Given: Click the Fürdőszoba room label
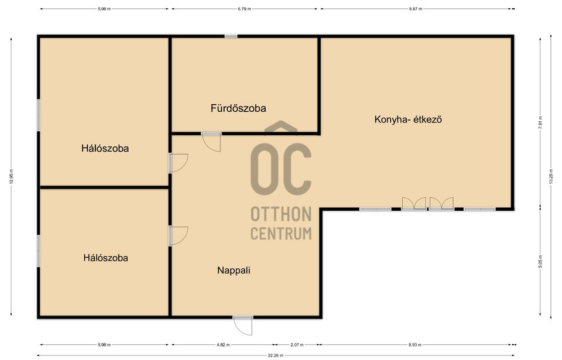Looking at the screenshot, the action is tap(238, 108).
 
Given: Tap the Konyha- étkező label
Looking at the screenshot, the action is tap(408, 119).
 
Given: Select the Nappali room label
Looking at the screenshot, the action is tap(234, 270).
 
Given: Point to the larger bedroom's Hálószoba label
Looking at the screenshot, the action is tap(105, 149).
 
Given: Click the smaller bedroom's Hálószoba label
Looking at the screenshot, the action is tap(106, 258).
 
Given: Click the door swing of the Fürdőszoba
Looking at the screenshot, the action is tap(211, 142).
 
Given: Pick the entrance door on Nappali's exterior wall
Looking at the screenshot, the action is tap(242, 325).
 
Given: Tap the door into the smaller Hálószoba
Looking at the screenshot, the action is tap(179, 236).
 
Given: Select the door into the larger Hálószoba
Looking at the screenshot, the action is tap(179, 163).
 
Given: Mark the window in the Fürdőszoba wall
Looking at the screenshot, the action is tap(231, 36).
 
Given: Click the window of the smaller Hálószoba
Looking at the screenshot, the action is tap(39, 251).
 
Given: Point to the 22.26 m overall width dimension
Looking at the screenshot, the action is tap(276, 356).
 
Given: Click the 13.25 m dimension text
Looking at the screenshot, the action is tap(550, 177).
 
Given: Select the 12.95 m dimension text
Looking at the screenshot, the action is tap(11, 176).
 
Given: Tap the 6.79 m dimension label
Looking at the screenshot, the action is tap(244, 9).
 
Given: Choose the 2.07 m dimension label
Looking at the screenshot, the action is tap(297, 345).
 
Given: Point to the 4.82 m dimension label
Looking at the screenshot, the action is tap(223, 345).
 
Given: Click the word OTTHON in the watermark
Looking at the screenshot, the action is tap(281, 214).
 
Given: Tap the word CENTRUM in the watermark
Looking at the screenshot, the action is tap(281, 234).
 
